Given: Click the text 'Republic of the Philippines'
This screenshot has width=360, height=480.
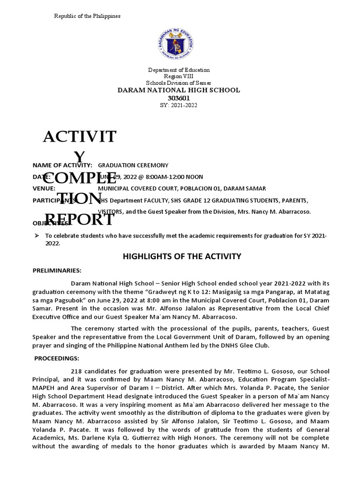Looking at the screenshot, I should [87, 16].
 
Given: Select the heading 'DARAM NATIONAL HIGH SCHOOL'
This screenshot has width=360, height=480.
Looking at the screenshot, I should [178, 90].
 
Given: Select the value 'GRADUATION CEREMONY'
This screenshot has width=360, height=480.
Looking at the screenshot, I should [133, 165].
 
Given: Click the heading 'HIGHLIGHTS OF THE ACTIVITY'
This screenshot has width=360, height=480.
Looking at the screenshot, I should [181, 256].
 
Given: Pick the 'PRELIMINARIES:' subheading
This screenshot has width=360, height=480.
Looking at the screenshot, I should [57, 271].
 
